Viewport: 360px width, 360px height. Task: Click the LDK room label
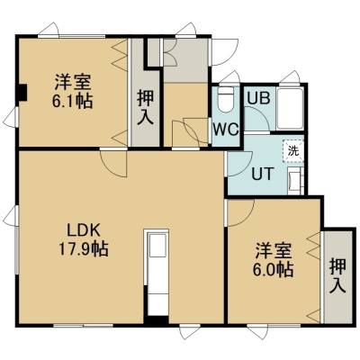pyautogui.click(x=83, y=230)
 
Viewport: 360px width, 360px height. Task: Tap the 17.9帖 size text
pyautogui.click(x=83, y=248)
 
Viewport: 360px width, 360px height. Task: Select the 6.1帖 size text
pyautogui.click(x=72, y=101)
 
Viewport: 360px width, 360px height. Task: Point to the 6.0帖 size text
pyautogui.click(x=273, y=269)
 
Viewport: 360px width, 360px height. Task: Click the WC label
pyautogui.click(x=226, y=130)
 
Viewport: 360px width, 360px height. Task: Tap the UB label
pyautogui.click(x=258, y=98)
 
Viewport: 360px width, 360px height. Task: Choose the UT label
pyautogui.click(x=263, y=174)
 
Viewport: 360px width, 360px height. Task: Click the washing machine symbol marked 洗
pyautogui.click(x=293, y=151)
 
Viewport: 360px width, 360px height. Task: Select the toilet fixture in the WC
pyautogui.click(x=226, y=100)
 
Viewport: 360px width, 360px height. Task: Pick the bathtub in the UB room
pyautogui.click(x=290, y=109)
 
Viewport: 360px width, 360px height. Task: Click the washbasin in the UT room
pyautogui.click(x=294, y=181)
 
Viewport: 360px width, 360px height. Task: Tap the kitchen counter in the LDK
pyautogui.click(x=157, y=273)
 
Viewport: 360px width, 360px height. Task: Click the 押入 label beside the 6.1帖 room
pyautogui.click(x=145, y=107)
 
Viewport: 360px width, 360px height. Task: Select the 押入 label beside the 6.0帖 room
pyautogui.click(x=337, y=275)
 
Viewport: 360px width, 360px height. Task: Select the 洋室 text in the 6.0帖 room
pyautogui.click(x=274, y=251)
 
